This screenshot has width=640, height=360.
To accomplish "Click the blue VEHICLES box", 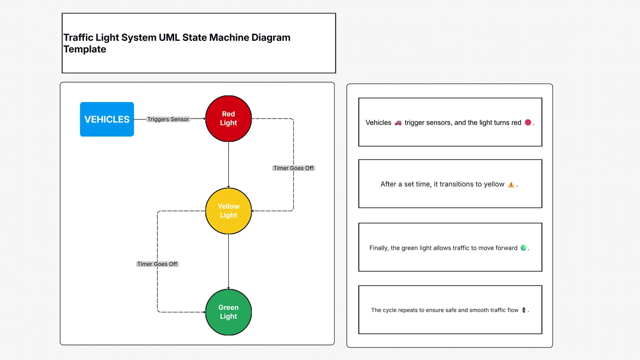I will [x=107, y=119].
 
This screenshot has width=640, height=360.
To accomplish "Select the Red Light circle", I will [x=228, y=119].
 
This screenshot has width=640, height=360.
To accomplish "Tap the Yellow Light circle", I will [x=228, y=211].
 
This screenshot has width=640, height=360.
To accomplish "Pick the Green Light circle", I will [x=228, y=312].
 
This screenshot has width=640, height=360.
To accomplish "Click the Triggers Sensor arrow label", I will [x=168, y=119].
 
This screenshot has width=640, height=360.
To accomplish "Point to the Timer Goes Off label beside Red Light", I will [x=293, y=168].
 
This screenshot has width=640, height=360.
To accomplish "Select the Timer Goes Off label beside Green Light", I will [x=157, y=264].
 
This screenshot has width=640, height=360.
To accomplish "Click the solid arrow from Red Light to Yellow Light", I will [x=228, y=165].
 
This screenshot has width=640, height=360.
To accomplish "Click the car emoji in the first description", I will [x=398, y=123].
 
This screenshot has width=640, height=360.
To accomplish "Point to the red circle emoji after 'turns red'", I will [x=528, y=123].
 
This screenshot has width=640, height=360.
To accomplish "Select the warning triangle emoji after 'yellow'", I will [x=511, y=185].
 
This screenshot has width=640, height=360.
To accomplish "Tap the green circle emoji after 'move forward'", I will [x=523, y=248].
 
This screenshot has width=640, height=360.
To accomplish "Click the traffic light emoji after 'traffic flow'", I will [x=523, y=310].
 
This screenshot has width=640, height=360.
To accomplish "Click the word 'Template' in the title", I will [x=84, y=49].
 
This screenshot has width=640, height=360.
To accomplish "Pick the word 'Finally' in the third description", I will [x=379, y=248].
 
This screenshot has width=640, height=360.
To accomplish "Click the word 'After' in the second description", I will [x=388, y=184].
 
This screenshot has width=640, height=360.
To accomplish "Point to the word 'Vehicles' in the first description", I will [x=378, y=123].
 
